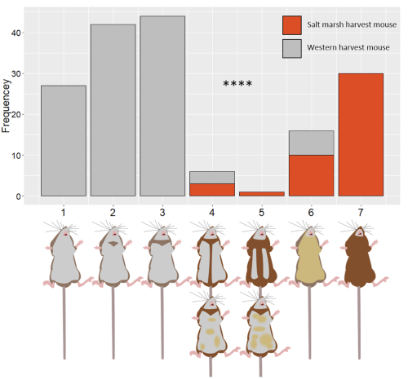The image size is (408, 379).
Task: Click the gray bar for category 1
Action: [64, 141]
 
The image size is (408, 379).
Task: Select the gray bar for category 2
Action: [113, 111]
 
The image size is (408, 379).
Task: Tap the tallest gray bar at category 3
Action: [162, 107]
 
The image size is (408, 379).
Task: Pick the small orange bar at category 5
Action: [260, 194]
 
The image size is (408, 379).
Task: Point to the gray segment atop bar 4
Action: [211, 178]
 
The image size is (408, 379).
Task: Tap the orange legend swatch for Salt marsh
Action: [292, 24]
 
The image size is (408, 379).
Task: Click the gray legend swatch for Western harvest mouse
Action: [292, 48]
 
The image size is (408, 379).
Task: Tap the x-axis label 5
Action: [260, 211]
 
